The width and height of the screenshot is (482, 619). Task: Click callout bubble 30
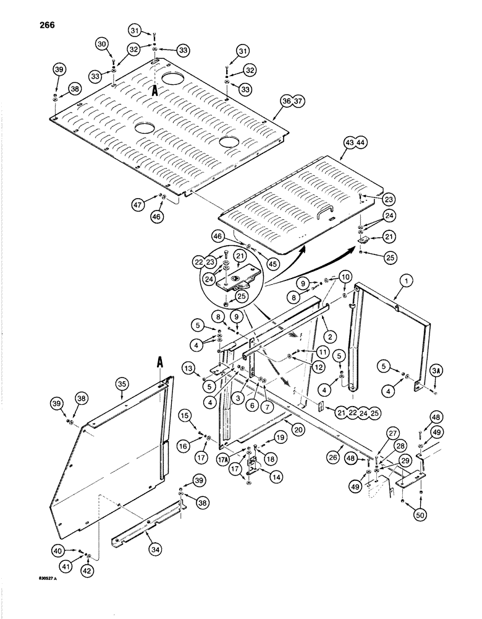[102, 43]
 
